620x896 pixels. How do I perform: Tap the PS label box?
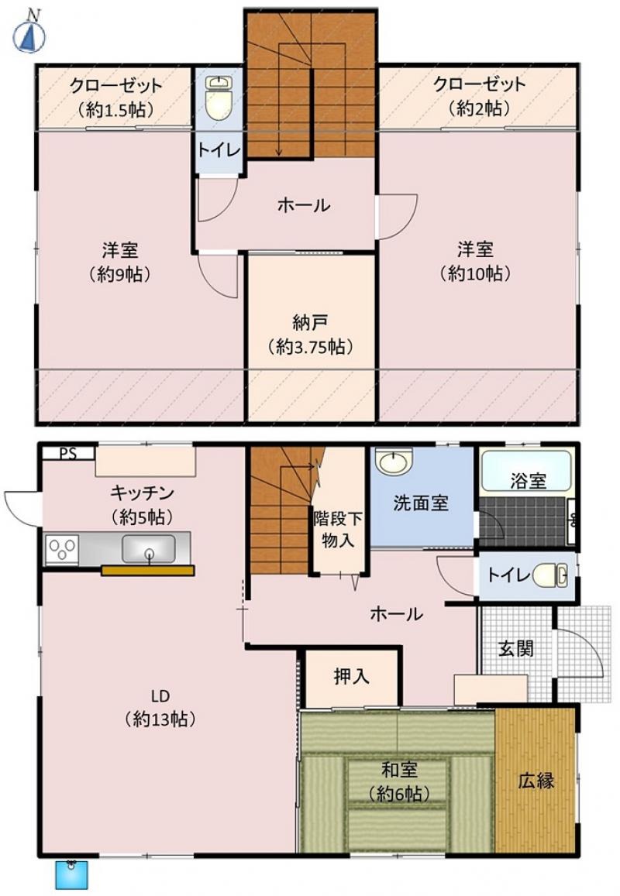[x=68, y=454]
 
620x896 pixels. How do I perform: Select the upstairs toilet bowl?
[x=217, y=98]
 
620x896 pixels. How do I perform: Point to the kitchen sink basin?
[x=148, y=548]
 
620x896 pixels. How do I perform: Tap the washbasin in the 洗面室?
[x=394, y=461]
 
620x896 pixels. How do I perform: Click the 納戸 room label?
[x=309, y=323]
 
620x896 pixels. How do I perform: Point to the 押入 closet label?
[x=351, y=677]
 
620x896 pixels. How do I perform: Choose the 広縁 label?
[x=536, y=781]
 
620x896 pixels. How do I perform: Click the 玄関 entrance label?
[x=516, y=648]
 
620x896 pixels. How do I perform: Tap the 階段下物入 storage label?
[x=337, y=529]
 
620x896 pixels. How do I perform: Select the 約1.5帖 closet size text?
[x=116, y=109]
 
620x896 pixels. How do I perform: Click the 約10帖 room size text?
[x=475, y=274]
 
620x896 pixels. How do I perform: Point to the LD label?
[x=160, y=696]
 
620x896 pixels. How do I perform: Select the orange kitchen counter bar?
[x=147, y=570]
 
